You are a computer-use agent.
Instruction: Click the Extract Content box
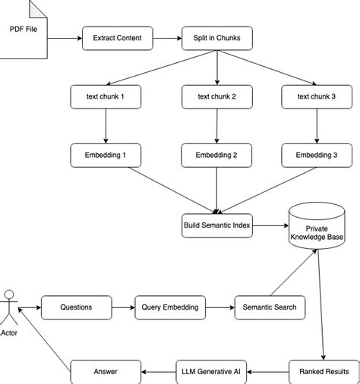pos(117,37)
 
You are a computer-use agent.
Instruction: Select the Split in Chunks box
pos(216,37)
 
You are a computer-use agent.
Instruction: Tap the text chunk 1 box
pos(106,96)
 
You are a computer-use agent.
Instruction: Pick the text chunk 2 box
pos(216,96)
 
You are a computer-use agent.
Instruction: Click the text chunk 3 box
pos(316,96)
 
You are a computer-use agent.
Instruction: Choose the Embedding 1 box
pos(106,155)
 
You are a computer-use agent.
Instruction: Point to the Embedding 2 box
pos(216,155)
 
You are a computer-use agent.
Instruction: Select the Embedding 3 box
pos(316,155)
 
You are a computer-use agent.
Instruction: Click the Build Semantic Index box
pos(216,225)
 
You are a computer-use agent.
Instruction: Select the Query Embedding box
pos(170,307)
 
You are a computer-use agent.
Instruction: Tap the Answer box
pos(106,371)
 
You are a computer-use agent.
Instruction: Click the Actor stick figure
pos(10,304)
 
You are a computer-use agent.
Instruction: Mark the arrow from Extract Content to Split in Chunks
pos(167,37)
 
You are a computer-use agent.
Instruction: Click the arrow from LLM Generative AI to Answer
pos(159,371)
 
